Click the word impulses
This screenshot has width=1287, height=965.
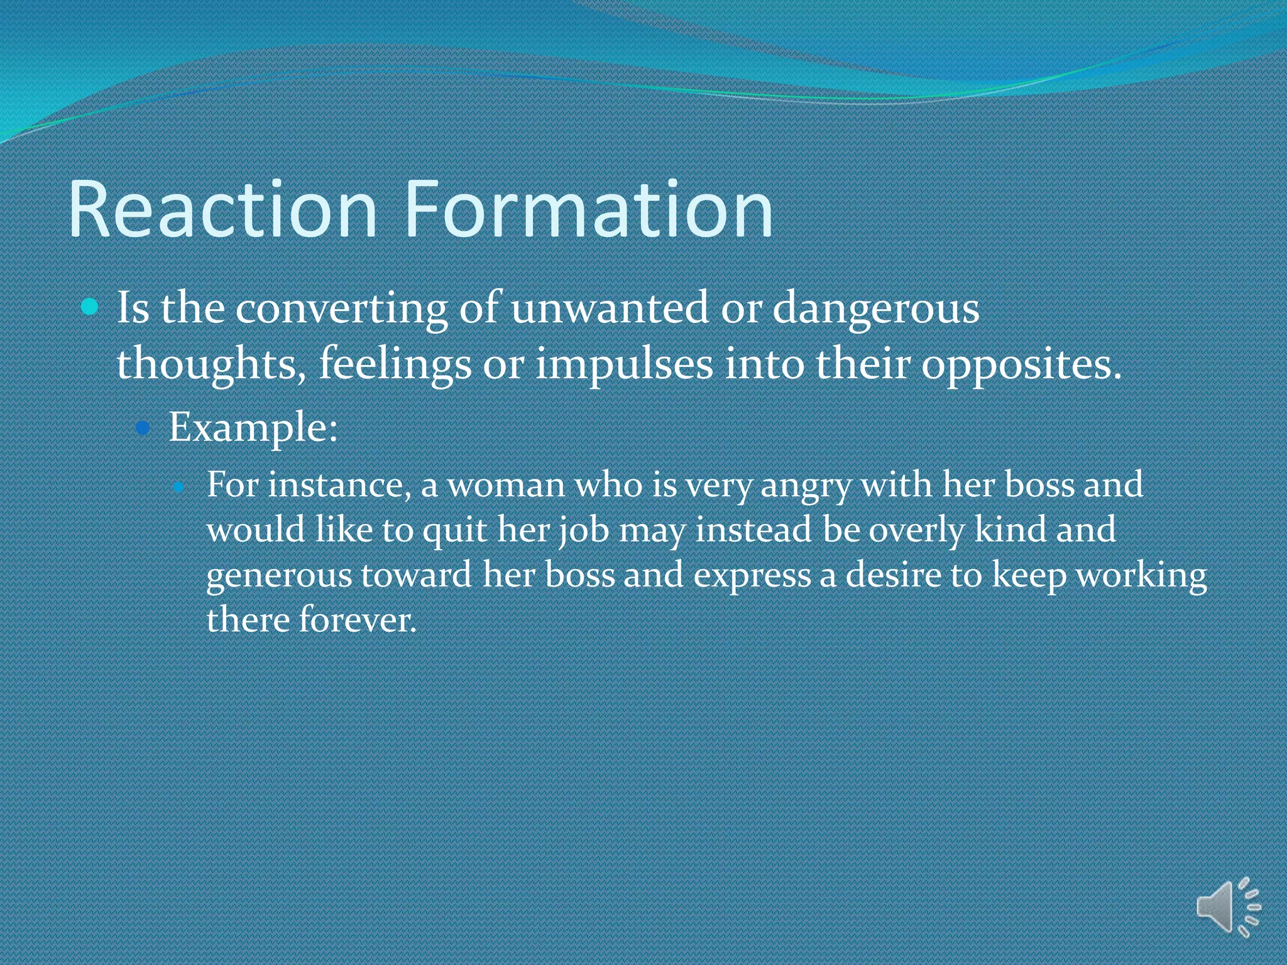point(624,364)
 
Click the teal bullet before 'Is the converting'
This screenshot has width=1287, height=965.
point(90,307)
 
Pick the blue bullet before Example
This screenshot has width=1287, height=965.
point(144,428)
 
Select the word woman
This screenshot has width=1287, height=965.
point(506,485)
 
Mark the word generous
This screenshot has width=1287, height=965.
point(279,575)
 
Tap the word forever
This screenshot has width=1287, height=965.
point(357,620)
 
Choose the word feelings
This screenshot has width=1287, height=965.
point(395,364)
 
